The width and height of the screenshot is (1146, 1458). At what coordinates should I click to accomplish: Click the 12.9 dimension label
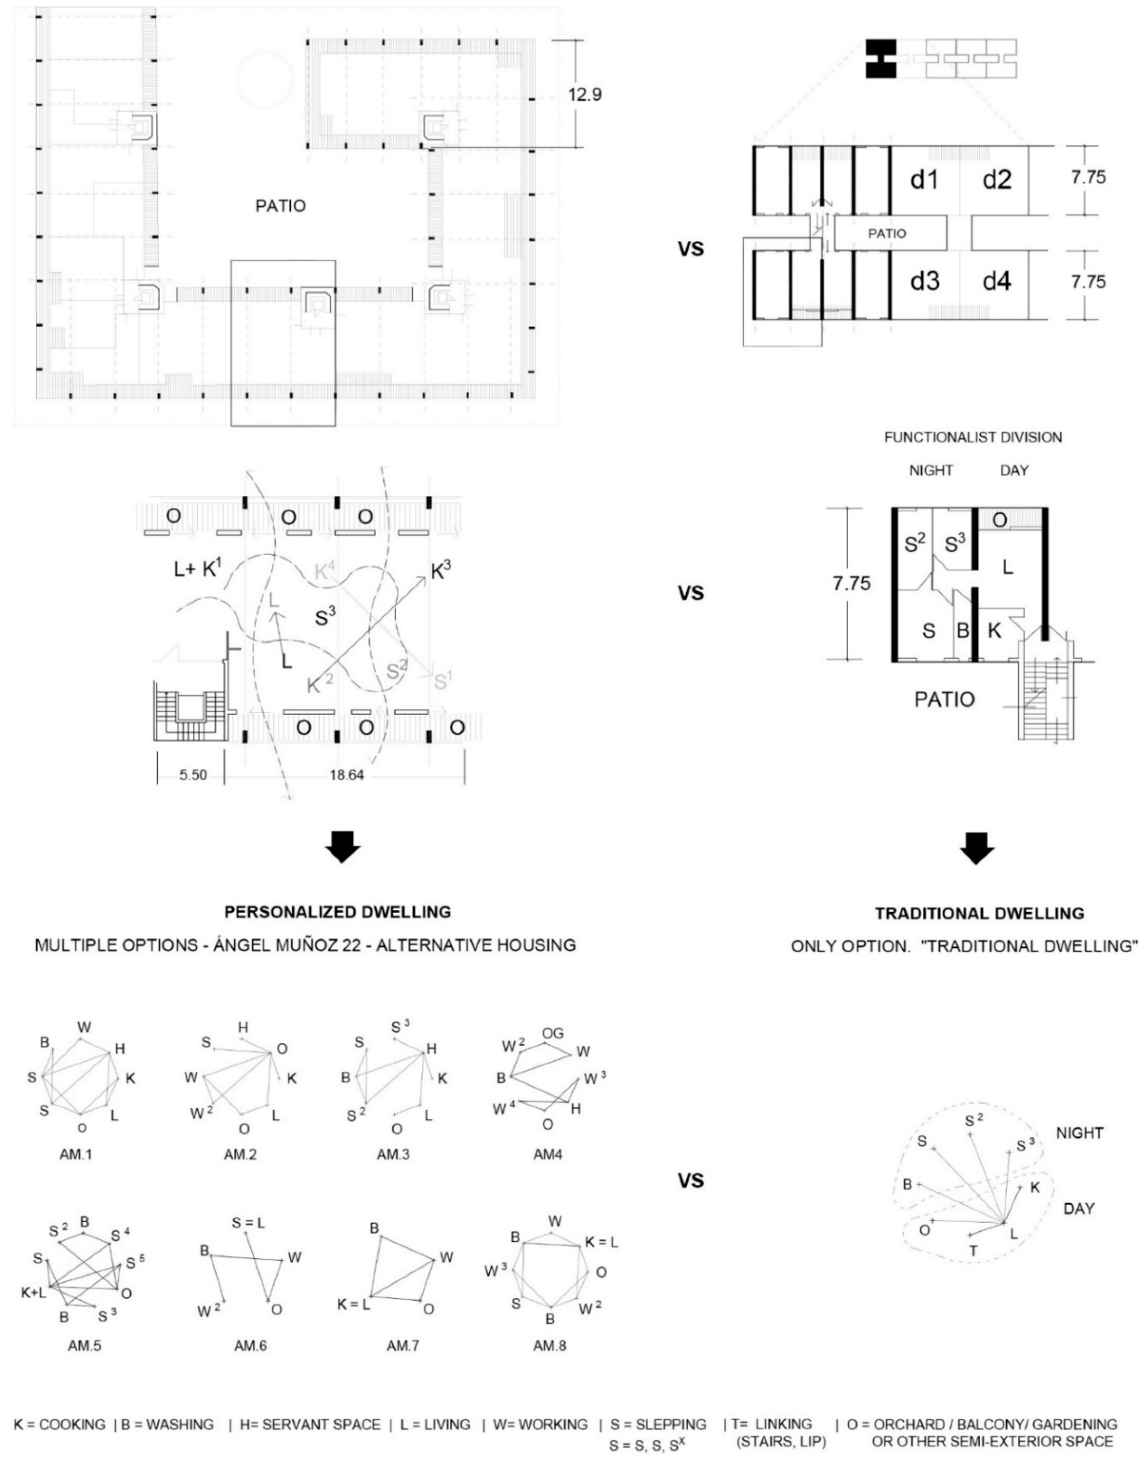pos(584,95)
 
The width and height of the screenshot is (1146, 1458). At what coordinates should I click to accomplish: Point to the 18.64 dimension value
pos(346,775)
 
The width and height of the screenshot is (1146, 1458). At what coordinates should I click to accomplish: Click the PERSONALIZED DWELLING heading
pos(337,912)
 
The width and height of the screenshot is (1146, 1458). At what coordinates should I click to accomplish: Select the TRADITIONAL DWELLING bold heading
pos(979,914)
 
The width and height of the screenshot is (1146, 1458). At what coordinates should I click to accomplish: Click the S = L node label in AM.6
pos(248,1223)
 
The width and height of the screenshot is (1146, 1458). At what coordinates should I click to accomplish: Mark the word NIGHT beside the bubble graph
pos(1080,1133)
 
